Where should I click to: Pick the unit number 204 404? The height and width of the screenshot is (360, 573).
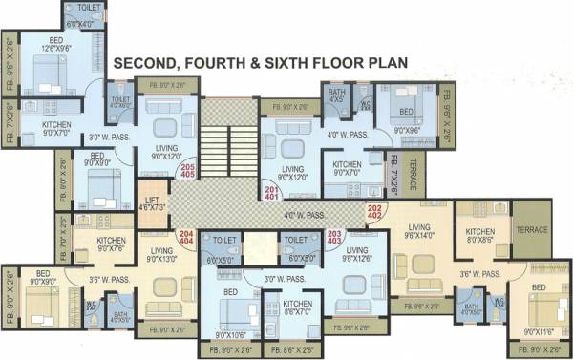point(186,237)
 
